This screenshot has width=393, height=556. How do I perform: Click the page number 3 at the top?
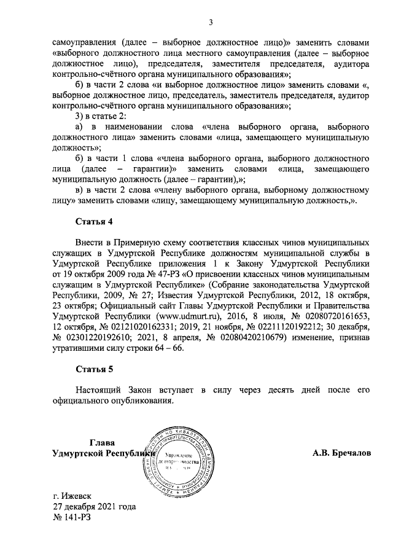210,24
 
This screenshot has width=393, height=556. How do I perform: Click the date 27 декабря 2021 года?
94,507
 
